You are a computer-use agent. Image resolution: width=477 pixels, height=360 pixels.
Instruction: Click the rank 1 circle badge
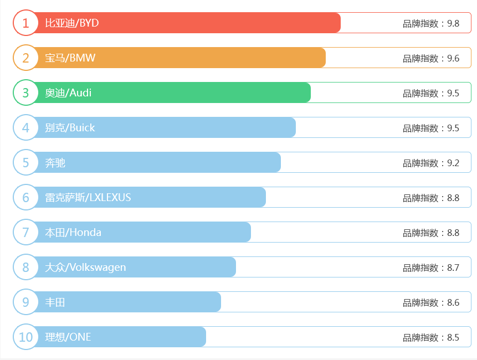(x=25, y=23)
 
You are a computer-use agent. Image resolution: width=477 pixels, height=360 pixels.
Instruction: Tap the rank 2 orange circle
(x=25, y=58)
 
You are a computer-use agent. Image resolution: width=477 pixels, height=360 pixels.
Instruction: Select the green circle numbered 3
(x=25, y=92)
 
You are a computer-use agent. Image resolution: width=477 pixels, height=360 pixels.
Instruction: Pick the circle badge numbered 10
(x=25, y=337)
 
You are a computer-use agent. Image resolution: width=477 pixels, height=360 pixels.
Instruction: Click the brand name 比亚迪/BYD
(x=72, y=23)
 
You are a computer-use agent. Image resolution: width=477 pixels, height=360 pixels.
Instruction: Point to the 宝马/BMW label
(x=70, y=58)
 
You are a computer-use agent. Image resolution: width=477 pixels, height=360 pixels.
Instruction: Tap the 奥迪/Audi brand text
(x=68, y=92)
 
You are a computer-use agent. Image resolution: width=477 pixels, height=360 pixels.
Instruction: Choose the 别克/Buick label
(x=70, y=127)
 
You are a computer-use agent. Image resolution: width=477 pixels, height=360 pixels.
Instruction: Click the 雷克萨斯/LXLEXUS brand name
(x=88, y=197)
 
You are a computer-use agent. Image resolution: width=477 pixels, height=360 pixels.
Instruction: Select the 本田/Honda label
(x=73, y=232)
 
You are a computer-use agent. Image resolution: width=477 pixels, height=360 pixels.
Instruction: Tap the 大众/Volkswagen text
(x=85, y=267)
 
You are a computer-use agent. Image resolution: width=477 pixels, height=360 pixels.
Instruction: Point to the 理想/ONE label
(x=68, y=337)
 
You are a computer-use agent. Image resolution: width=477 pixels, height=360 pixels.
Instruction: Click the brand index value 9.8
(x=453, y=23)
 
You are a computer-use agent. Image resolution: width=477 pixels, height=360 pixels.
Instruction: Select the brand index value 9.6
(x=453, y=58)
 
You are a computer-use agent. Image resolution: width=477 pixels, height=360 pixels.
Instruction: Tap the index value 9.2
(x=453, y=163)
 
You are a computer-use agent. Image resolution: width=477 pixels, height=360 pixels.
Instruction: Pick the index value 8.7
(x=453, y=268)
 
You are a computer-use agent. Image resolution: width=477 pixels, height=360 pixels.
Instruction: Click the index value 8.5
(x=453, y=337)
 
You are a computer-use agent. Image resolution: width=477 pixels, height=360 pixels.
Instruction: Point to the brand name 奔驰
(x=55, y=162)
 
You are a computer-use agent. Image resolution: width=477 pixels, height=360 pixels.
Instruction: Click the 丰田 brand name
(x=55, y=302)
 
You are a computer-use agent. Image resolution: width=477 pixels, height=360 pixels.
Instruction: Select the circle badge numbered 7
(x=25, y=232)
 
